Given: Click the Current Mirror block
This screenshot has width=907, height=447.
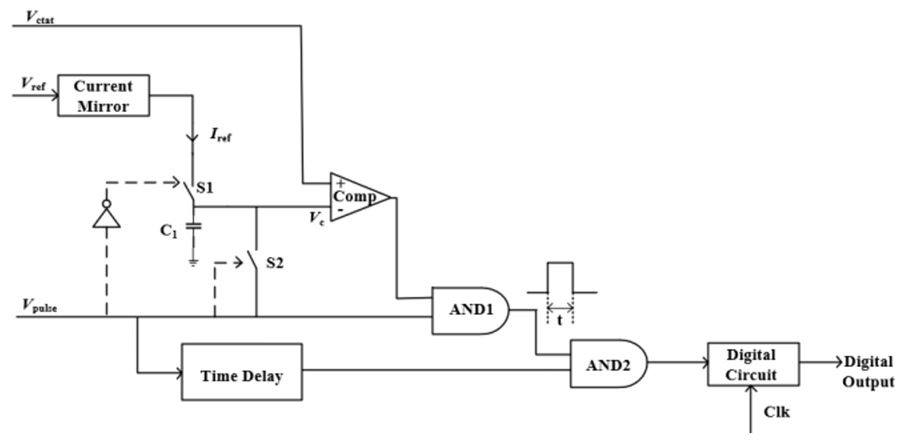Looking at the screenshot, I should click(x=103, y=96).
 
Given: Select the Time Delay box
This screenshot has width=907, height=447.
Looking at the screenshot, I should click(x=242, y=372).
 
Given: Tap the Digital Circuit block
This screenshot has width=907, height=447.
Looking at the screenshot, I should click(x=752, y=364).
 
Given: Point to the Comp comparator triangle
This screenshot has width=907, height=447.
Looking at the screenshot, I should click(x=358, y=197).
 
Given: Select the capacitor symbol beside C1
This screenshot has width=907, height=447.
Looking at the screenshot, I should click(x=193, y=227).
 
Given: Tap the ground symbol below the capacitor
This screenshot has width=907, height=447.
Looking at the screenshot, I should click(x=193, y=263).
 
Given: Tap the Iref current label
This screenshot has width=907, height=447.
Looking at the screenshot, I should click(x=220, y=136).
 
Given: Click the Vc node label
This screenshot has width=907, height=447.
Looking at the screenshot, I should click(x=317, y=219).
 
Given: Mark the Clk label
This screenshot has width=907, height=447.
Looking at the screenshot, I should click(x=777, y=412).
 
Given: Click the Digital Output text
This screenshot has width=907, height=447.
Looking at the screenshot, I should click(x=869, y=372).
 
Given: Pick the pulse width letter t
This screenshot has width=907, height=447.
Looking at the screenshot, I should click(x=560, y=320).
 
